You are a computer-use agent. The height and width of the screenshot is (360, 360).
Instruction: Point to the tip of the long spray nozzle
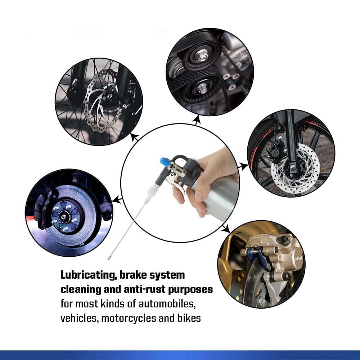(108, 259)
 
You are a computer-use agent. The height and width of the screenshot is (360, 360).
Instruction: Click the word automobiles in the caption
(167, 304)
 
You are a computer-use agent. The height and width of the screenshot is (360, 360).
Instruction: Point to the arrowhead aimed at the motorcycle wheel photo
(245, 166)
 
